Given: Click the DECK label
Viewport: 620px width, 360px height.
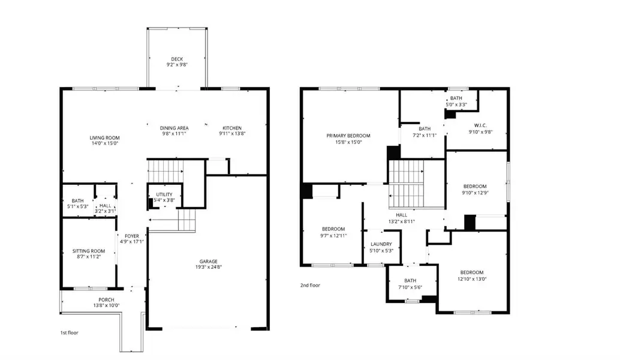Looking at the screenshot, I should coord(176,59).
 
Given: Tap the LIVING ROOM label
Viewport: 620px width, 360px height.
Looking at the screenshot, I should coord(105,137).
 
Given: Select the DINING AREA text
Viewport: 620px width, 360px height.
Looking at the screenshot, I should coord(174,128).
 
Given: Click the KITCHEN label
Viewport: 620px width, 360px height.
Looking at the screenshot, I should coord(232,128).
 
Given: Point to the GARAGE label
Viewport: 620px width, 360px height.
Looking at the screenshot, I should coord(209,261).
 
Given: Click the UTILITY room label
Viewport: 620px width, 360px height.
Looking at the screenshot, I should coord(164,194).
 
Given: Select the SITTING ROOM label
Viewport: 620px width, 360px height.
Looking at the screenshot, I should coord(89,251).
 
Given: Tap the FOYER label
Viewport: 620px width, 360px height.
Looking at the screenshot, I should coord(131,236).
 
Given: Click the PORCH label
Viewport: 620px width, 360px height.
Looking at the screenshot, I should coord(106,299).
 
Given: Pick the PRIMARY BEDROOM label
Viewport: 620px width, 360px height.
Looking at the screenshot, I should coord(348,136).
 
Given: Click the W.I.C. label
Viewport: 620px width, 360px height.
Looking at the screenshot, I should coord(480,125).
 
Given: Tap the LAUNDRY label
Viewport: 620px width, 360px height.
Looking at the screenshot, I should coord(381,244).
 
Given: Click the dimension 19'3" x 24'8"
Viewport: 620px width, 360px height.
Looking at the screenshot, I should coord(209,268).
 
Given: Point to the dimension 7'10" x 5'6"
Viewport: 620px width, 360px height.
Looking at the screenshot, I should coord(410,287).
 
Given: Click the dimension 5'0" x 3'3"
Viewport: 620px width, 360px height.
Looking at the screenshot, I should coord(456,104).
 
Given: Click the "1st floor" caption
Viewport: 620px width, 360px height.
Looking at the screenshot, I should coord(69,332).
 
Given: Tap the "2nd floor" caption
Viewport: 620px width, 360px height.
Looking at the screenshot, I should coord(310,286).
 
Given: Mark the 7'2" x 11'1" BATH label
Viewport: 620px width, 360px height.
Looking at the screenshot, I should coord(425,128).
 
